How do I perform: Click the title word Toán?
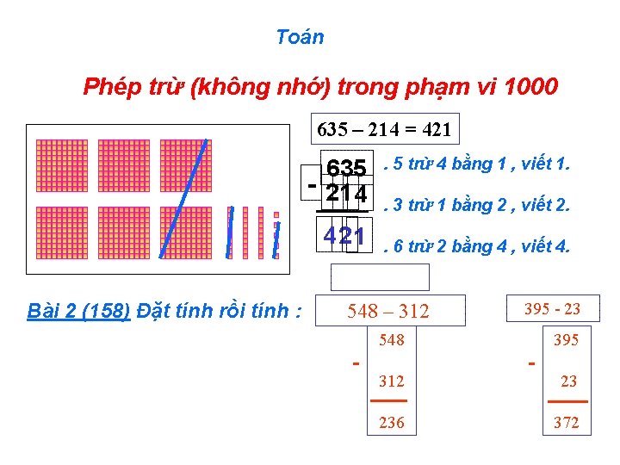(300, 37)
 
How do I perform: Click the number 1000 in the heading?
(531, 87)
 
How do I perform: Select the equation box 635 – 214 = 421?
(384, 129)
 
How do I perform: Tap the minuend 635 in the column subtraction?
(346, 167)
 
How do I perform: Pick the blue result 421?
(344, 236)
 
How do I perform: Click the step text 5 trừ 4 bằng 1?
(480, 164)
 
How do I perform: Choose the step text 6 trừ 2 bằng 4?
(480, 247)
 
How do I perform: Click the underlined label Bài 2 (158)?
(78, 310)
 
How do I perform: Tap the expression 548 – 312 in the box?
(387, 311)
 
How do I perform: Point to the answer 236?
(392, 423)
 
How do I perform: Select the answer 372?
(566, 423)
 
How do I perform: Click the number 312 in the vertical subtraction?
(392, 381)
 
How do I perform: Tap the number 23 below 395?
(569, 381)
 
